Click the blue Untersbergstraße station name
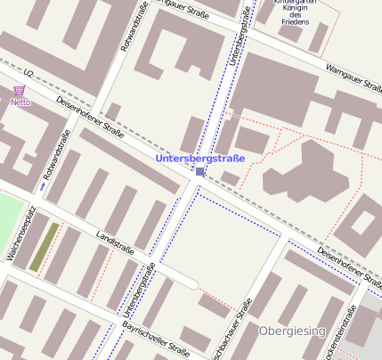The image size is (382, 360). [x=199, y=159]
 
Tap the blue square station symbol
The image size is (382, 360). [x=200, y=172]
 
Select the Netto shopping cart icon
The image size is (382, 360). [x=20, y=91]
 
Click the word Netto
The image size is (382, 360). [x=20, y=102]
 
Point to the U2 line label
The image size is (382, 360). [x=28, y=73]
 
